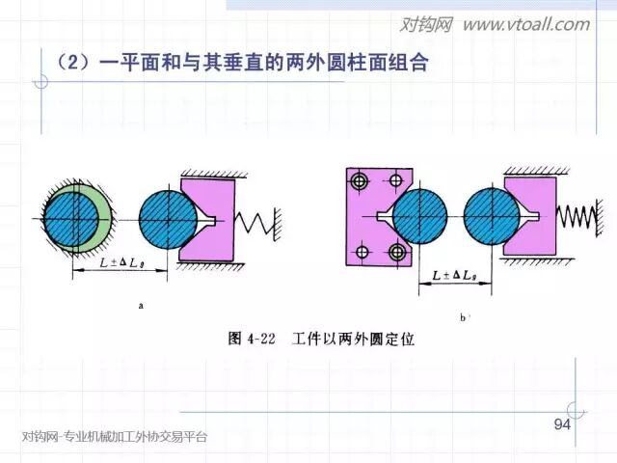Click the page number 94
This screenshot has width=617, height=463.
[x=562, y=426]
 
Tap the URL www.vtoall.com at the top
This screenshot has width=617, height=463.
[x=524, y=24]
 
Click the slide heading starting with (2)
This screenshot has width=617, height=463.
[x=241, y=65]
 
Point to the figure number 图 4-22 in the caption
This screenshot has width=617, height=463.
[x=253, y=339]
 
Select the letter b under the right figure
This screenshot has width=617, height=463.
[x=464, y=315]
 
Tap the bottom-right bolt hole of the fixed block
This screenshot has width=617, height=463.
[x=395, y=253]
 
